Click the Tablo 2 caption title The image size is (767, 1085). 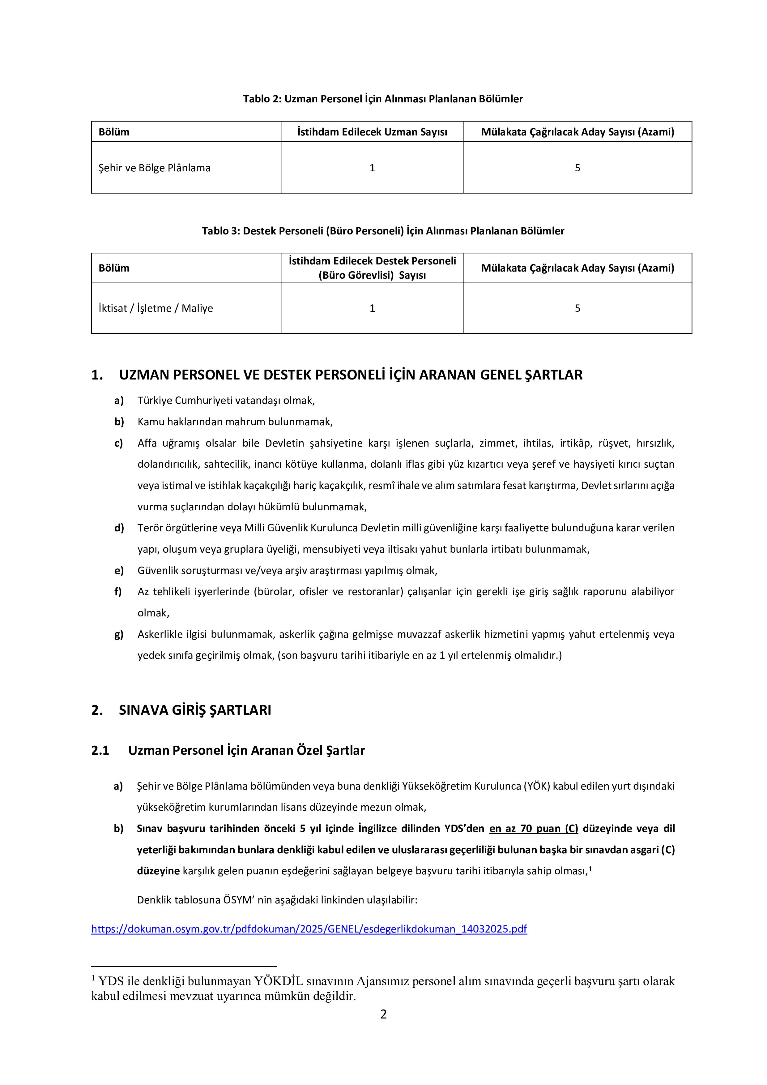coord(383,99)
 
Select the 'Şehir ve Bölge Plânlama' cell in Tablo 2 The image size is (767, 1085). coord(155,168)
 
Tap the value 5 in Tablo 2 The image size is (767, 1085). coord(577,168)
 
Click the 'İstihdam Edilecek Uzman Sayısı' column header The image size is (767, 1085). coord(372,132)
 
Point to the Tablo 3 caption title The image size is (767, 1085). coord(383,231)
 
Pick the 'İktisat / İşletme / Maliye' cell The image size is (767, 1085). coord(156,308)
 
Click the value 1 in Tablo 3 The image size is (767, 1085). coord(372,308)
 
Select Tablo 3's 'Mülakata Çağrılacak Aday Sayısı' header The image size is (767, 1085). coord(577,268)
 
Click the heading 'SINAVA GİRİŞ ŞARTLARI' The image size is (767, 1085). coord(195,710)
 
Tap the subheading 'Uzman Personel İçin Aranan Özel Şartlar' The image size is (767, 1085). coord(246,750)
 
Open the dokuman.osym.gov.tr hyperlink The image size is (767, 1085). coord(309,928)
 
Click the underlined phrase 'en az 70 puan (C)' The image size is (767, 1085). coord(534,828)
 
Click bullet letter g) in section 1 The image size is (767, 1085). coord(118,634)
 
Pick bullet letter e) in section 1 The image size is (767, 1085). coord(118,570)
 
